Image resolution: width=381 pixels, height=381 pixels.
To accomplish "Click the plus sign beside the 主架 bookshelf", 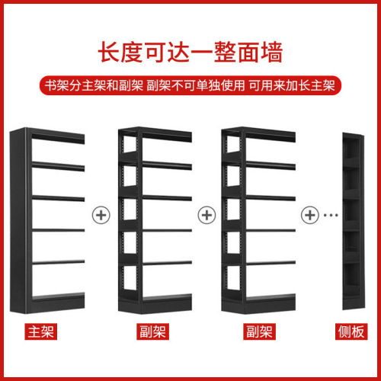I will pyautogui.click(x=100, y=214).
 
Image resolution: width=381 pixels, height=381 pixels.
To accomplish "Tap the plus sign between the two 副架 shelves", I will pyautogui.click(x=205, y=214).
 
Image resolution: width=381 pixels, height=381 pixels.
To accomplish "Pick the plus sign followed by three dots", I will pyautogui.click(x=309, y=214).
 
